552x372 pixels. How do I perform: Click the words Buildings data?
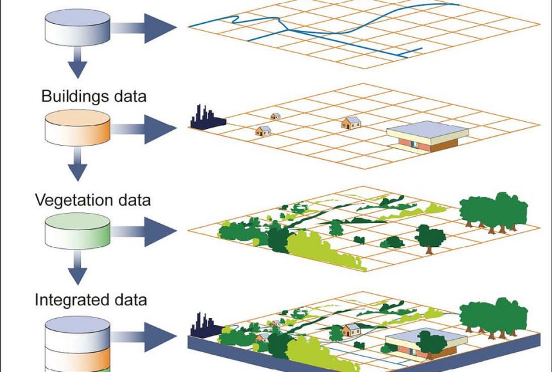[94, 97]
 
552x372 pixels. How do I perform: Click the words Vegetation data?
[92, 200]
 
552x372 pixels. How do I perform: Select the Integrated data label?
[91, 300]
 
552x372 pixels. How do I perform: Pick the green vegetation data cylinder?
[77, 232]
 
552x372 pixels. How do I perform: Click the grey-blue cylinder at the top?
[77, 26]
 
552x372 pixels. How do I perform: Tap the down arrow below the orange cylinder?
[77, 167]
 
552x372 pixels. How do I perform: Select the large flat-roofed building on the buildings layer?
[427, 137]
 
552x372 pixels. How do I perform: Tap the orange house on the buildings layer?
[350, 122]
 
